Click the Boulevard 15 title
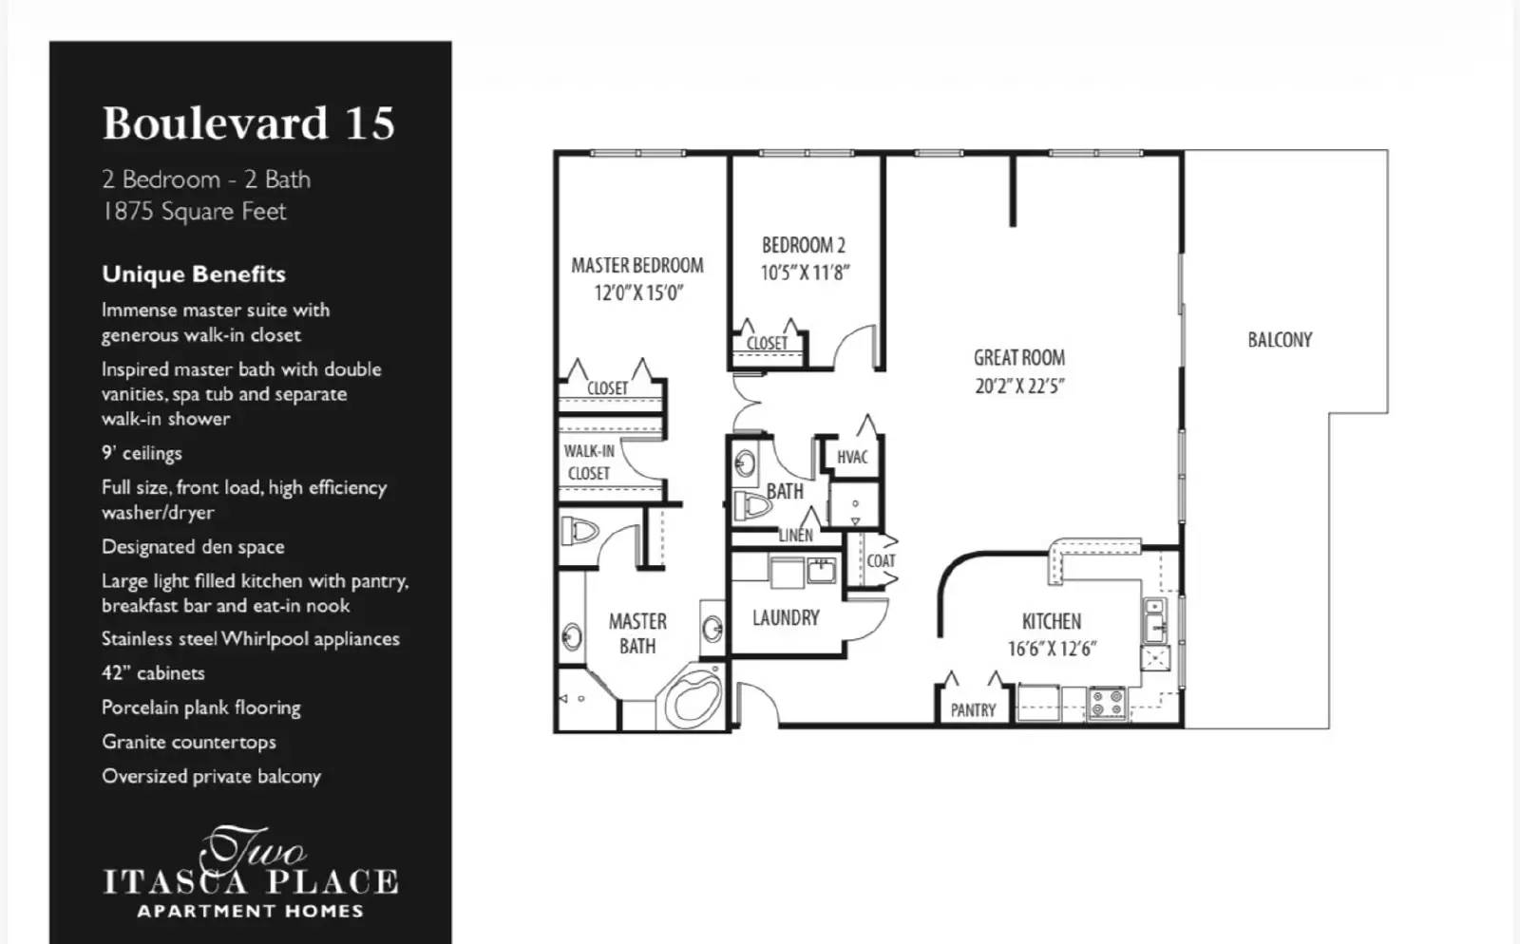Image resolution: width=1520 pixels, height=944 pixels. pyautogui.click(x=248, y=123)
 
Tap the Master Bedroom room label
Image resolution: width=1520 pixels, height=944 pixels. pyautogui.click(x=636, y=266)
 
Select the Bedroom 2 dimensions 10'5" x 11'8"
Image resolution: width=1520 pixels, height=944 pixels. pyautogui.click(x=805, y=273)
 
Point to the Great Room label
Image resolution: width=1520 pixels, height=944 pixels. pyautogui.click(x=1018, y=358)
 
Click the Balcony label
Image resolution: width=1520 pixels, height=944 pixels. pyautogui.click(x=1279, y=340)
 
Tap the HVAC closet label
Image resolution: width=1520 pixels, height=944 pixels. pyautogui.click(x=852, y=457)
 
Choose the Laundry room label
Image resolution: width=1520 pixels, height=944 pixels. pyautogui.click(x=786, y=618)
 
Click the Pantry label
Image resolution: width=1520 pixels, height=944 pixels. pyautogui.click(x=973, y=710)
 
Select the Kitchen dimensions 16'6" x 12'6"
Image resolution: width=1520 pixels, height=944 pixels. pyautogui.click(x=1052, y=649)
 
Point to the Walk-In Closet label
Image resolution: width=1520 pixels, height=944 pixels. pyautogui.click(x=589, y=463)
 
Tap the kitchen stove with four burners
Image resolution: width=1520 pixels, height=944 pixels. pyautogui.click(x=1107, y=703)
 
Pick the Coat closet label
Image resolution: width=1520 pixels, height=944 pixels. pyautogui.click(x=881, y=560)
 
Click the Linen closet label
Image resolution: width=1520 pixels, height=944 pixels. pyautogui.click(x=795, y=535)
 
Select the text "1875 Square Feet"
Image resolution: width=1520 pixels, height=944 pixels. pyautogui.click(x=194, y=212)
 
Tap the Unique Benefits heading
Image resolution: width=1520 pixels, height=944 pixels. pyautogui.click(x=194, y=274)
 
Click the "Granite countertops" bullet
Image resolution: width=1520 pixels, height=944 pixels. pyautogui.click(x=189, y=742)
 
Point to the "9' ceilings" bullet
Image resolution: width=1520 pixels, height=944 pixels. pyautogui.click(x=142, y=453)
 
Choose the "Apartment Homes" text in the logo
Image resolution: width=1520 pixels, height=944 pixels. pyautogui.click(x=250, y=912)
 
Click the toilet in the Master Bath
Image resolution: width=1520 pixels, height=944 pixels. pyautogui.click(x=578, y=530)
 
